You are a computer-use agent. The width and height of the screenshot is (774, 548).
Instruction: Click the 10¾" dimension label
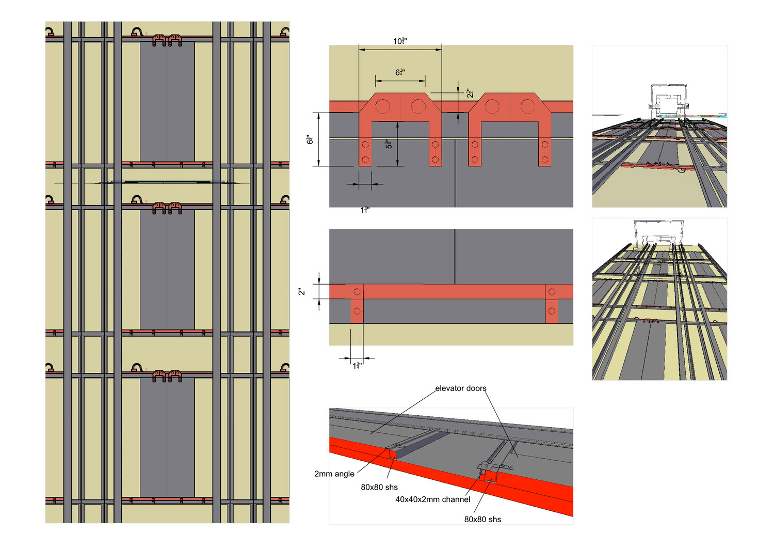pos(400,41)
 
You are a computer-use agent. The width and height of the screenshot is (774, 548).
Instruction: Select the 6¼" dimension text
pos(400,72)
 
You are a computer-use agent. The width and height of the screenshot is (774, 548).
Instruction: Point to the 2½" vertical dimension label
pos(470,93)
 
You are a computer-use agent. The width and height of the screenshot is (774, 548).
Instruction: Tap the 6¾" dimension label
pos(310,139)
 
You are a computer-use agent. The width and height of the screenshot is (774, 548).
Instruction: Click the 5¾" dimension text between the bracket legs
pos(389,144)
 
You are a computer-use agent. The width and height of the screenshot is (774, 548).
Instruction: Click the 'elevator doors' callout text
pos(460,388)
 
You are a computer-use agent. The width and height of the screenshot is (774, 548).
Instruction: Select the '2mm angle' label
pos(334,474)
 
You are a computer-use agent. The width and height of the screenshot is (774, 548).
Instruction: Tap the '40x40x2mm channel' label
pos(433,499)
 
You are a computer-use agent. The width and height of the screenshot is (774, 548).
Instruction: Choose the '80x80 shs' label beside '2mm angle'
pos(379,487)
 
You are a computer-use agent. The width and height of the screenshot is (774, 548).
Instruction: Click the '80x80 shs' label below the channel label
pos(482,519)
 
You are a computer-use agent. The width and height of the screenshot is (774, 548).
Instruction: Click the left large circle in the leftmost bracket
pos(382,106)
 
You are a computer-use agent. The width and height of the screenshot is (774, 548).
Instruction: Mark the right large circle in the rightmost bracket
pos(527,106)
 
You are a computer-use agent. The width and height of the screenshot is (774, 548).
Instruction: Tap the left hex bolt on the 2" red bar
pos(357,292)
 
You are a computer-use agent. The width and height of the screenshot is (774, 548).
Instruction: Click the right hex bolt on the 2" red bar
pos(552,292)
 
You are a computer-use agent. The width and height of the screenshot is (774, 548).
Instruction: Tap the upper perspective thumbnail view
pos(659,126)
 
